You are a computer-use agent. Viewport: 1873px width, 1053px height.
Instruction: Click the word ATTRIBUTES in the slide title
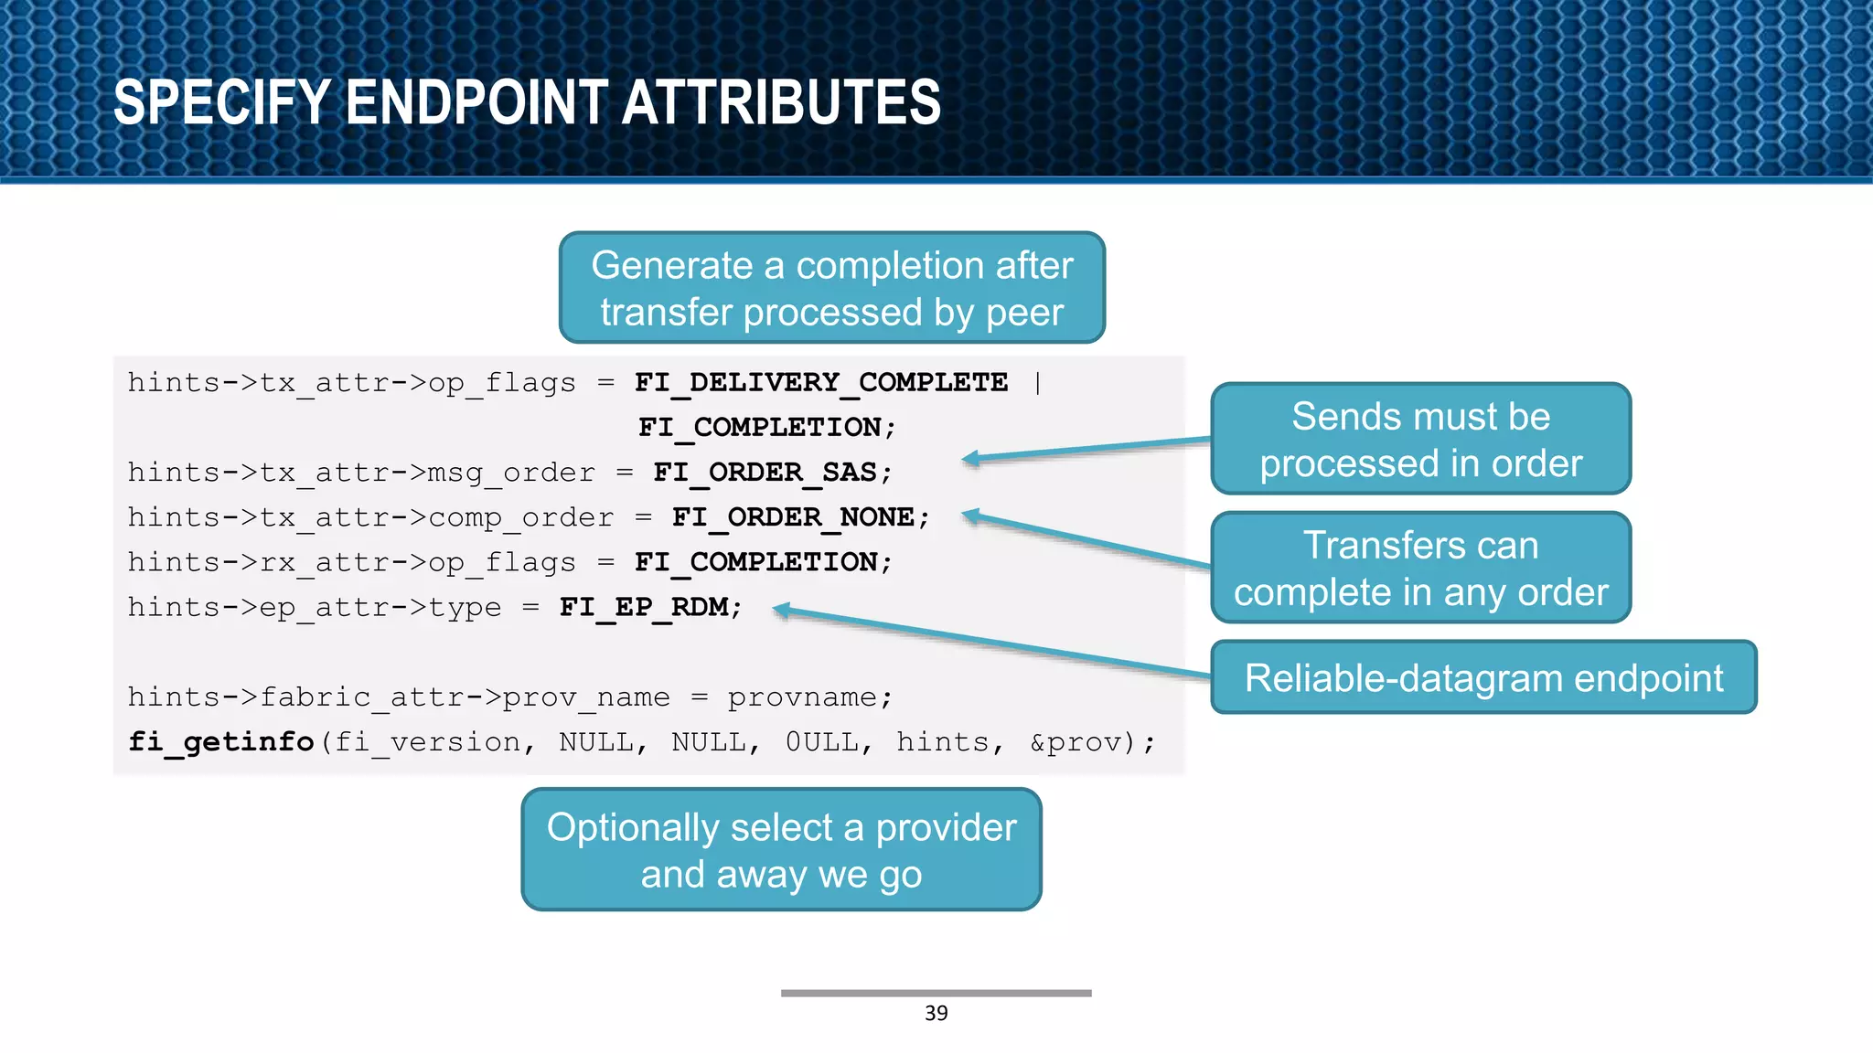[781, 102]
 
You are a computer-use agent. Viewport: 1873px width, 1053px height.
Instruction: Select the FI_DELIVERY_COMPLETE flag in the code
[820, 382]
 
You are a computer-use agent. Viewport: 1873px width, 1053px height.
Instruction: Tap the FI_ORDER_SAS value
[765, 473]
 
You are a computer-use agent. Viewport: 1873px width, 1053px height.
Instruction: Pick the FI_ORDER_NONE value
[793, 517]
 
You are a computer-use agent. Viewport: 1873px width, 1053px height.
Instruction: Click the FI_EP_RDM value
[644, 607]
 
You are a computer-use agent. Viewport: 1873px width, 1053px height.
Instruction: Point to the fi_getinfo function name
[220, 741]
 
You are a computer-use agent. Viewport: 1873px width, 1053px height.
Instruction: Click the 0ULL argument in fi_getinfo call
[821, 741]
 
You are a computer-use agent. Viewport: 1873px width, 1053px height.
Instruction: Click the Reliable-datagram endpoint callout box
[1482, 678]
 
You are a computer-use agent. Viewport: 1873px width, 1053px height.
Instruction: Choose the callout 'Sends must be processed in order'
[1420, 440]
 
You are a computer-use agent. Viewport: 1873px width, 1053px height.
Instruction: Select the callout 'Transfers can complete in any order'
[1420, 569]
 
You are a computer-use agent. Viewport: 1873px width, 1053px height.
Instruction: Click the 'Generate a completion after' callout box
[831, 288]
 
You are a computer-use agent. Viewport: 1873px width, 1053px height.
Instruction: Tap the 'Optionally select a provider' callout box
[781, 850]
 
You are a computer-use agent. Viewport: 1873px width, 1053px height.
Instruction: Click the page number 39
[936, 1013]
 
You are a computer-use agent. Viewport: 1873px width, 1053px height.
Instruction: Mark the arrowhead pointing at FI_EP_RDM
[782, 611]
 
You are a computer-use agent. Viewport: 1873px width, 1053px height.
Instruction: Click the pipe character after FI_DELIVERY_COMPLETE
[1037, 382]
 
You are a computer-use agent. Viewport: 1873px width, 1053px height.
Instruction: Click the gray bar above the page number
[936, 993]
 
